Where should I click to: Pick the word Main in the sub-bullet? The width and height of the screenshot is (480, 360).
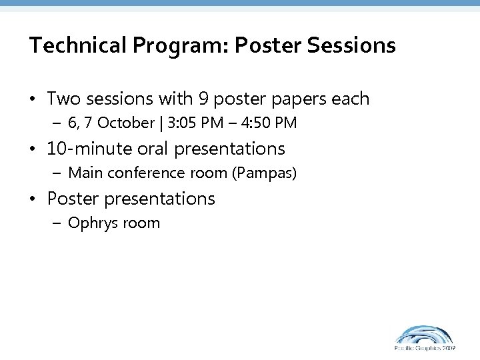click(84, 173)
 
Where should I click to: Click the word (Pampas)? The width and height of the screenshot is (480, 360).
click(266, 173)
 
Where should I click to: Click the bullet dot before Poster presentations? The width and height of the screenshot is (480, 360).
click(33, 199)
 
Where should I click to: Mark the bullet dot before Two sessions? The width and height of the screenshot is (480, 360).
click(33, 100)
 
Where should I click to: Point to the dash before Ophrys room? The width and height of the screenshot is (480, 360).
click(58, 223)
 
